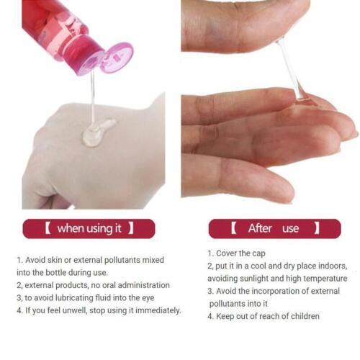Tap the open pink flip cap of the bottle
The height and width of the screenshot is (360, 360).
point(115,57)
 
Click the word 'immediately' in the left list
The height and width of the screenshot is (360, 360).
point(157,310)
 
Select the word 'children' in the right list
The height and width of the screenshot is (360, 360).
point(302,316)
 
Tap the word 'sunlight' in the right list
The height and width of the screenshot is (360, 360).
point(263,278)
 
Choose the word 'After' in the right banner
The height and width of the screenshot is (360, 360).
point(260,229)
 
